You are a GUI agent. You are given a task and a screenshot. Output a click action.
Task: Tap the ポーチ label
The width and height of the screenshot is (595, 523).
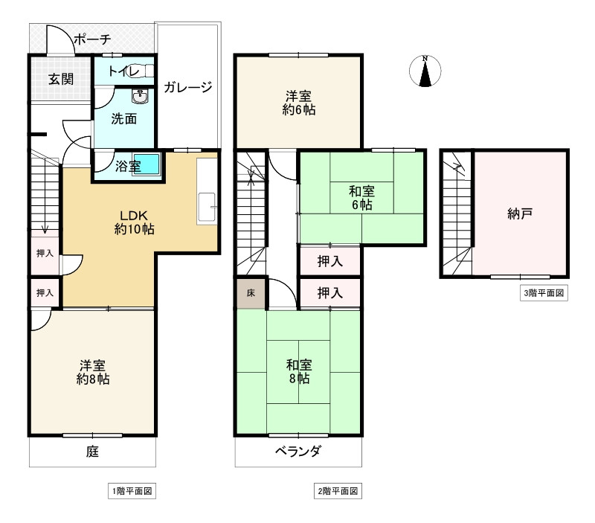pyautogui.click(x=92, y=39)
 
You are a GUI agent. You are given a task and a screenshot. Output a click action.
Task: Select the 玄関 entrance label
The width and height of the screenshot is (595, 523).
pyautogui.click(x=61, y=78)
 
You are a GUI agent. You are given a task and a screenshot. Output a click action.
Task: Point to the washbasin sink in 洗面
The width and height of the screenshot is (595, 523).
pyautogui.click(x=138, y=96)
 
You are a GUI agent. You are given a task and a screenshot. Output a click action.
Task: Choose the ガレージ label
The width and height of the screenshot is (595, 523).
pyautogui.click(x=188, y=87)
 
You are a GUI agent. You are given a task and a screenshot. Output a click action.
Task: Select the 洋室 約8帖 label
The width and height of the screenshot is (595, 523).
pyautogui.click(x=93, y=372)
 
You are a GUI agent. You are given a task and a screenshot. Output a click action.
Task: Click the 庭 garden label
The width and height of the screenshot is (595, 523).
pyautogui.click(x=93, y=451)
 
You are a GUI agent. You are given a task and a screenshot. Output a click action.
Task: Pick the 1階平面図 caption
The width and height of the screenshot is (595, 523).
pyautogui.click(x=132, y=491)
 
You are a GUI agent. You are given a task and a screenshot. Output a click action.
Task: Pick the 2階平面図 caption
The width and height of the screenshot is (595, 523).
pyautogui.click(x=338, y=491)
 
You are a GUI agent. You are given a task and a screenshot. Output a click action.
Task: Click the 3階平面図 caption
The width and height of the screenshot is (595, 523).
pyautogui.click(x=543, y=292)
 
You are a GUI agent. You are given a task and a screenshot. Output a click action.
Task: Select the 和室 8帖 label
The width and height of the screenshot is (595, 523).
pyautogui.click(x=299, y=372)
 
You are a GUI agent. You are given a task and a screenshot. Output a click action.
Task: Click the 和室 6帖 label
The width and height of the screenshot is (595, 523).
pyautogui.click(x=361, y=197)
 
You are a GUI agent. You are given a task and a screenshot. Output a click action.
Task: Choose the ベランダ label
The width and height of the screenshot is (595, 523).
pyautogui.click(x=297, y=451)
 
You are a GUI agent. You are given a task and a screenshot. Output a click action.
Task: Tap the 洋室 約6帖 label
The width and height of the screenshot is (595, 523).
pyautogui.click(x=299, y=103)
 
